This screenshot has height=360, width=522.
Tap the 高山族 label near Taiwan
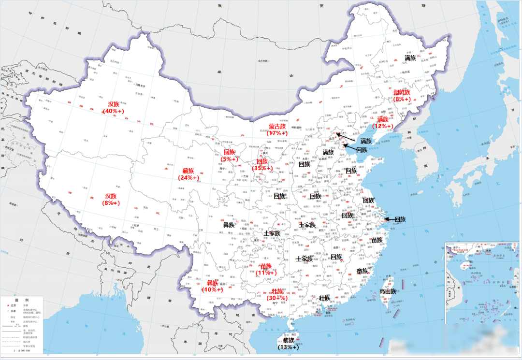coord(388,291)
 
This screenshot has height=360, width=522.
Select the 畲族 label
coord(362,271)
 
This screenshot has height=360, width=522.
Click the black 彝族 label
coord(229,225)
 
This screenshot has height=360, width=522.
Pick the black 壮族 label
coord(324,298)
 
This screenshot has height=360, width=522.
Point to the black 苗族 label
coord(377,240)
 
